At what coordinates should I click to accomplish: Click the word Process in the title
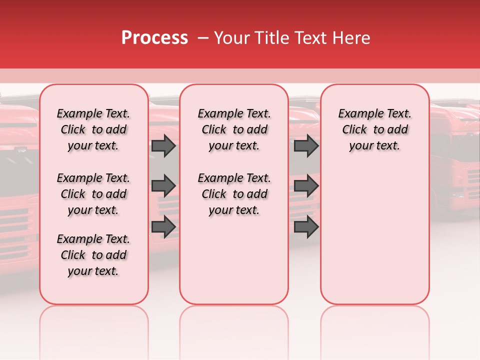[154, 38]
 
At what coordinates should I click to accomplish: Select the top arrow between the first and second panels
[163, 145]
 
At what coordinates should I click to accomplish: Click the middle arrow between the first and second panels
[163, 186]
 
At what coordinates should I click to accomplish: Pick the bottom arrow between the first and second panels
[163, 226]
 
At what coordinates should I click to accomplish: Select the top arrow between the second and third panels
[306, 145]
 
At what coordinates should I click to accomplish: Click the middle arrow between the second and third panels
[306, 186]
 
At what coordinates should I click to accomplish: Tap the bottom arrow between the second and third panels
[306, 226]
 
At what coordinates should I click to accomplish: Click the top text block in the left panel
[93, 129]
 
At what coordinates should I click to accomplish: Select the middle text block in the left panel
[93, 194]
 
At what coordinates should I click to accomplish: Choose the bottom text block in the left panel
[93, 255]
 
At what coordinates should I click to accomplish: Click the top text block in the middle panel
[234, 129]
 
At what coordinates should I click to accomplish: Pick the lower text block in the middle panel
[234, 194]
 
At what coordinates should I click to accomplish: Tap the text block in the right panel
[374, 129]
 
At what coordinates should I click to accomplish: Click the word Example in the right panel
[356, 114]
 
